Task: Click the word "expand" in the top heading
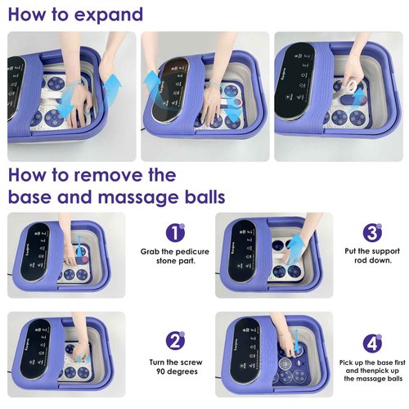point(104,15)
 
